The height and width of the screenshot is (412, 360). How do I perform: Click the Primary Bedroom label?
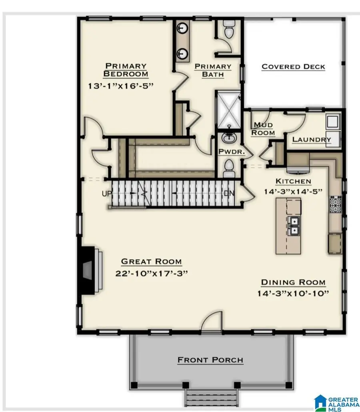tap(126, 70)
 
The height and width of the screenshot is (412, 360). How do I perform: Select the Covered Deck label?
tap(293, 67)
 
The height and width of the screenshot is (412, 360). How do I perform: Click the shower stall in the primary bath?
tap(227, 109)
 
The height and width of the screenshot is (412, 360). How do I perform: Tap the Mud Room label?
tap(264, 129)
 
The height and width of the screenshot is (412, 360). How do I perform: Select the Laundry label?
tap(312, 140)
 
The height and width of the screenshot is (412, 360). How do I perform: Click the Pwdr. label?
tap(229, 152)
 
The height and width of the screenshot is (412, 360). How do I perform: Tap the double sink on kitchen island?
tap(294, 226)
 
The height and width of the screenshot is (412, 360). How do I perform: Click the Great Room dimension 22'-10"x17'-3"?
tap(151, 273)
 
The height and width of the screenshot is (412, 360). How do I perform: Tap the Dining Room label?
tap(293, 282)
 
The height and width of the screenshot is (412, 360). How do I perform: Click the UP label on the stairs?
tap(107, 194)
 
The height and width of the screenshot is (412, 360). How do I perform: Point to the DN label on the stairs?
tap(229, 194)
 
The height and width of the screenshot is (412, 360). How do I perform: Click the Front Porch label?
tap(210, 360)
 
